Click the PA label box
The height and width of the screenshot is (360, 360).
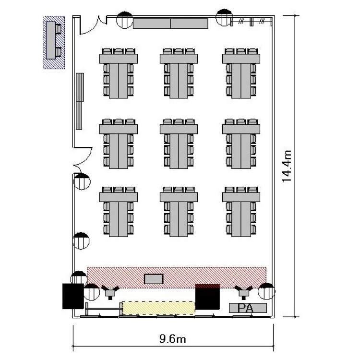[x=247, y=308]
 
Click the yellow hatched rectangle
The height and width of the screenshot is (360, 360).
[x=158, y=308]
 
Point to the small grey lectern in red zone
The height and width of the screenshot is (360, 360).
[x=154, y=278]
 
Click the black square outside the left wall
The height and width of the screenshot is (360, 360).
[x=73, y=296]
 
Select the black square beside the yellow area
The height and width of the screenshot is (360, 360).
[x=208, y=298]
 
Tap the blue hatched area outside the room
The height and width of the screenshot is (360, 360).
[x=54, y=42]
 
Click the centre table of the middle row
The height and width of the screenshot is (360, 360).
[x=179, y=144]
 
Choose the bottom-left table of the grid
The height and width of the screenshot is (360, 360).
[x=118, y=212]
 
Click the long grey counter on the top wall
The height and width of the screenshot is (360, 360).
[x=170, y=24]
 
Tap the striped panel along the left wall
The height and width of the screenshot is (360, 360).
[x=80, y=101]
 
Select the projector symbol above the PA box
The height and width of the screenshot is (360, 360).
[x=244, y=290]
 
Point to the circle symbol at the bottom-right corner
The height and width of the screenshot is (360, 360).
[x=266, y=291]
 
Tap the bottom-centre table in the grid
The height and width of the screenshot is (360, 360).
[x=179, y=212]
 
